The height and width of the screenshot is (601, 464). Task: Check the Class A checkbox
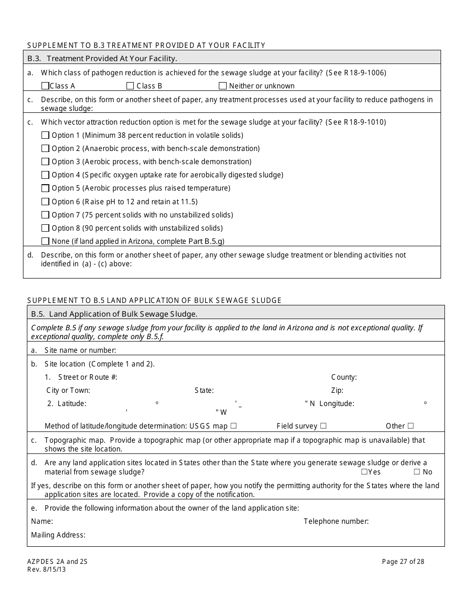pyautogui.click(x=45, y=86)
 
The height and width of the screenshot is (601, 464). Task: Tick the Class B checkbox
pyautogui.click(x=130, y=86)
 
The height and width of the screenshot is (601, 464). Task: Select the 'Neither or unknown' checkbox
pyautogui.click(x=223, y=86)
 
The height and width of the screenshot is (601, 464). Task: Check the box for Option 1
pyautogui.click(x=45, y=135)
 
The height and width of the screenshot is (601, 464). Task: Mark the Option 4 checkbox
pyautogui.click(x=45, y=175)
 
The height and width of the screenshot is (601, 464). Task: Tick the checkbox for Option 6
pyautogui.click(x=45, y=201)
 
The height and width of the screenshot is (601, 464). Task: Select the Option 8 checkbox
pyautogui.click(x=45, y=228)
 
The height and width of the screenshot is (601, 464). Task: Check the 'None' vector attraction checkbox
pyautogui.click(x=45, y=241)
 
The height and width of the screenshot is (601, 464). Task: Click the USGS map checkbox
pyautogui.click(x=233, y=426)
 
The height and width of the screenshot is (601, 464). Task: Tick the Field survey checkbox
pyautogui.click(x=323, y=426)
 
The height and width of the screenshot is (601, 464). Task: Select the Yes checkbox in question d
pyautogui.click(x=364, y=472)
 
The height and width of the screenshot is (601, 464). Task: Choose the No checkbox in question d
pyautogui.click(x=417, y=472)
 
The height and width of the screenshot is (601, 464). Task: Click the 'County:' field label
pyautogui.click(x=344, y=377)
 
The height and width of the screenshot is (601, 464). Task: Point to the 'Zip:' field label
pyautogui.click(x=337, y=390)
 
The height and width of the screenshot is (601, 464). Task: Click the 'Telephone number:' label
pyautogui.click(x=336, y=521)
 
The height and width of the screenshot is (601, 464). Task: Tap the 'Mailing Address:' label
pyautogui.click(x=58, y=535)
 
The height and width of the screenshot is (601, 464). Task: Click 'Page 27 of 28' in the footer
pyautogui.click(x=403, y=561)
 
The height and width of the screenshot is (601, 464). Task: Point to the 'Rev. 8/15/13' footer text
pyautogui.click(x=46, y=569)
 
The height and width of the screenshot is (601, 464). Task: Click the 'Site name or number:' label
pyautogui.click(x=80, y=350)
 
